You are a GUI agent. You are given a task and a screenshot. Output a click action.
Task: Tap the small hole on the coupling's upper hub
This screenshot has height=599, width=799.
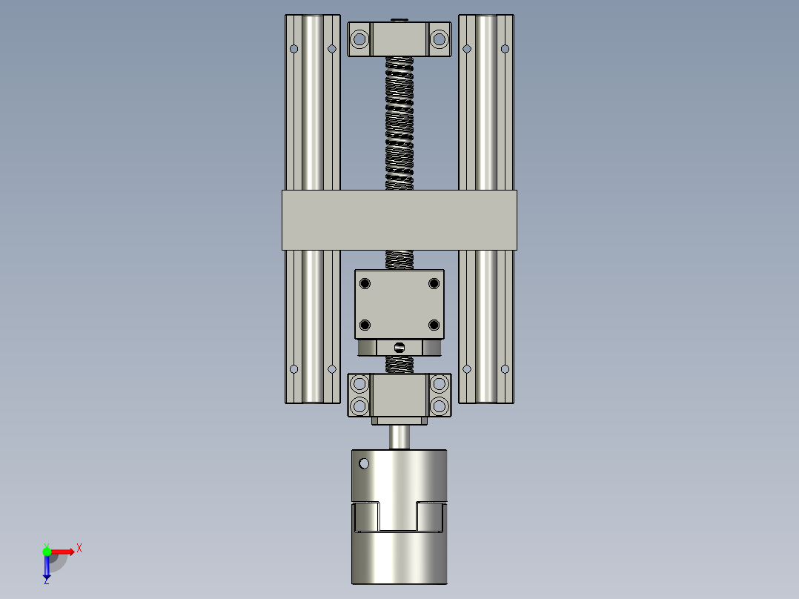coord(364,463)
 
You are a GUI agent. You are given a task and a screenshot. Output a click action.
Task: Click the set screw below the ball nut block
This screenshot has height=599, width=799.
coord(399,348)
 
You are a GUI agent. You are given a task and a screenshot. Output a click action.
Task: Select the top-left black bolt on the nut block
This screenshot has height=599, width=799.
coord(365,283)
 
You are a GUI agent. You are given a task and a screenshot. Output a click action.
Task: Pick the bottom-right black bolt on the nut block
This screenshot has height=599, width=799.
coord(434,325)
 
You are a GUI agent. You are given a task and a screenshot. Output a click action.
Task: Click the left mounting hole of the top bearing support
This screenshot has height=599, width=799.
coord(359,39)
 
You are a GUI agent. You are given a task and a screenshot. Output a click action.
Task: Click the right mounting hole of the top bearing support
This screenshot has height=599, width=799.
coord(440,39)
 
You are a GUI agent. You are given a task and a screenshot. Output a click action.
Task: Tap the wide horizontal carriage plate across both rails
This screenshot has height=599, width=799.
coord(399,220)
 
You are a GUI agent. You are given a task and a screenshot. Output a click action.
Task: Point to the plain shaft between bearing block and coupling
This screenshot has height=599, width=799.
coord(399,437)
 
